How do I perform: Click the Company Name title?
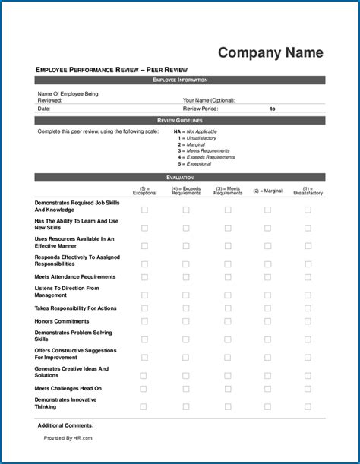(x=270, y=52)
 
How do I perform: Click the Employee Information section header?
(x=180, y=80)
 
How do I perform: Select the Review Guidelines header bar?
(x=180, y=120)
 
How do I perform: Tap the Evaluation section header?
(x=180, y=177)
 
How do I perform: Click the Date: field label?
(x=44, y=109)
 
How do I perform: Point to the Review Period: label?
(x=201, y=109)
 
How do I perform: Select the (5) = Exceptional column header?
(x=144, y=191)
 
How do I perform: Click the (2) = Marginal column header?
(x=267, y=191)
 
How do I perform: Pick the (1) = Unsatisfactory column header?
(x=308, y=191)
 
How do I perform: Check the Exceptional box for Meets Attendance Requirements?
(x=144, y=277)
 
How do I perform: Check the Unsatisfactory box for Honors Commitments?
(x=308, y=321)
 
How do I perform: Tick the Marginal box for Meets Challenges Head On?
(x=267, y=388)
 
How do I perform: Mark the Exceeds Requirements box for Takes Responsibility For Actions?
(x=186, y=308)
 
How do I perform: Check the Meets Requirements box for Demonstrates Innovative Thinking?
(x=228, y=407)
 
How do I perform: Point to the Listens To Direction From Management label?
(x=67, y=292)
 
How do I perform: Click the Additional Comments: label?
(x=66, y=425)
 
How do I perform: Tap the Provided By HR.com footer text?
(x=68, y=438)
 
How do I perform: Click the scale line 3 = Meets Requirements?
(x=205, y=150)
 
